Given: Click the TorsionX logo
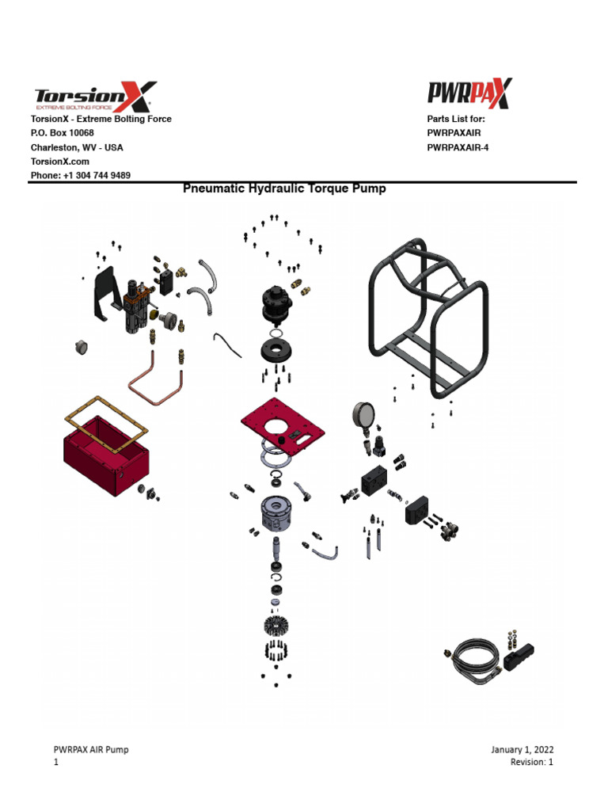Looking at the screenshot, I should tap(93, 96).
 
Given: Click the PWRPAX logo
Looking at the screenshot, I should tap(469, 93).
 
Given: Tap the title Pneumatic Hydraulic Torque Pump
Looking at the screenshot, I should tap(284, 189).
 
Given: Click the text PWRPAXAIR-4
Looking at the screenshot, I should tap(458, 147).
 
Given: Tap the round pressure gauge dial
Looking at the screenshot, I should tap(363, 416).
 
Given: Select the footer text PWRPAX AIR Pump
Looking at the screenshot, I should tap(90, 749).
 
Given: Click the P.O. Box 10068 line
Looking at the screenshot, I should tap(62, 133).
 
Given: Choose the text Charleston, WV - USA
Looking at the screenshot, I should tap(76, 147).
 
